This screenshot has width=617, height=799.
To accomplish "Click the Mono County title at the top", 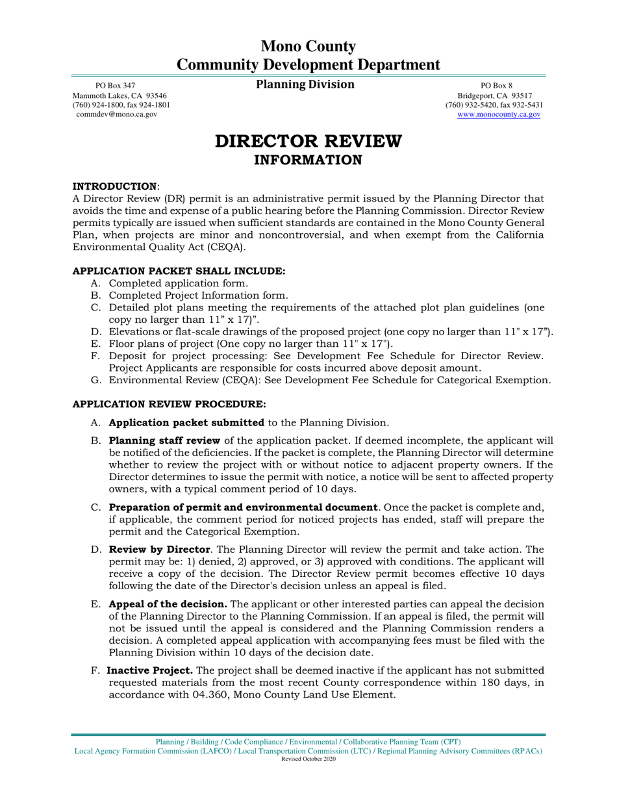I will click(x=308, y=47).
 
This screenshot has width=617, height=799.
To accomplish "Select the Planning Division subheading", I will click(x=305, y=84).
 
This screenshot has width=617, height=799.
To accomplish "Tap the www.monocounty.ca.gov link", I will click(x=499, y=114).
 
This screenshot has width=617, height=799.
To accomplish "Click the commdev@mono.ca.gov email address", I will click(x=117, y=114).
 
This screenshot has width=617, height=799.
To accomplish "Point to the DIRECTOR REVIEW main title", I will click(x=308, y=141).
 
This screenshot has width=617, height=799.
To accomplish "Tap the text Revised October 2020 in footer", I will click(x=308, y=759).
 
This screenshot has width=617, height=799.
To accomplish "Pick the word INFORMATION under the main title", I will click(x=308, y=160).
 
